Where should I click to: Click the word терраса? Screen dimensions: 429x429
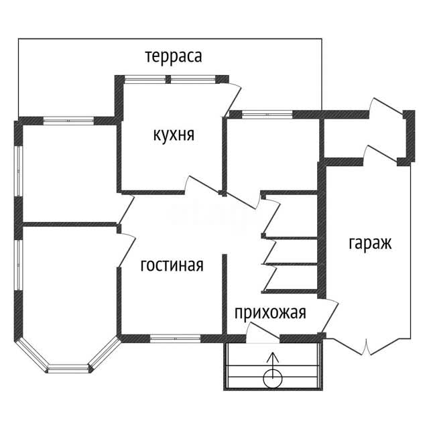click(x=174, y=56)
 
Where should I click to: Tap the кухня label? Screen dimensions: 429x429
click(x=174, y=135)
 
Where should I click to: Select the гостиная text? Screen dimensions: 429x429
click(x=172, y=265)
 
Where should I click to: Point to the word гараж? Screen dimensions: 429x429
click(x=370, y=243)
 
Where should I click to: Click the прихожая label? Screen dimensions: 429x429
click(x=270, y=312)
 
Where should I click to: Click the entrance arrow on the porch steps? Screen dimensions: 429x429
click(x=273, y=365)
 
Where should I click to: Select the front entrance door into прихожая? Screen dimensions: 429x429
click(x=263, y=333)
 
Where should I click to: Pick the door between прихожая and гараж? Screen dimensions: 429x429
click(x=330, y=316)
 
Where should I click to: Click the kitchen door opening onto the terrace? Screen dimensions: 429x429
click(x=233, y=99)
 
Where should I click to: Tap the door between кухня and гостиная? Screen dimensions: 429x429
click(x=202, y=185)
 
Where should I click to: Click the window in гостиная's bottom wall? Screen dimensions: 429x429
click(x=176, y=339)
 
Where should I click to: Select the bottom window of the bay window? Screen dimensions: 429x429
click(x=68, y=369)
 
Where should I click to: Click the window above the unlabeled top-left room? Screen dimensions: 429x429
click(x=68, y=121)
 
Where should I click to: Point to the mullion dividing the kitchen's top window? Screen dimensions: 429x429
click(x=168, y=79)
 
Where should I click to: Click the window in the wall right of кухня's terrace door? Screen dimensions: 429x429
click(x=267, y=115)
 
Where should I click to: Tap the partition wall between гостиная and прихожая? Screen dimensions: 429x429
click(x=225, y=295)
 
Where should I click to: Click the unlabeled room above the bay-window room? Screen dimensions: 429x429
click(x=70, y=174)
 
